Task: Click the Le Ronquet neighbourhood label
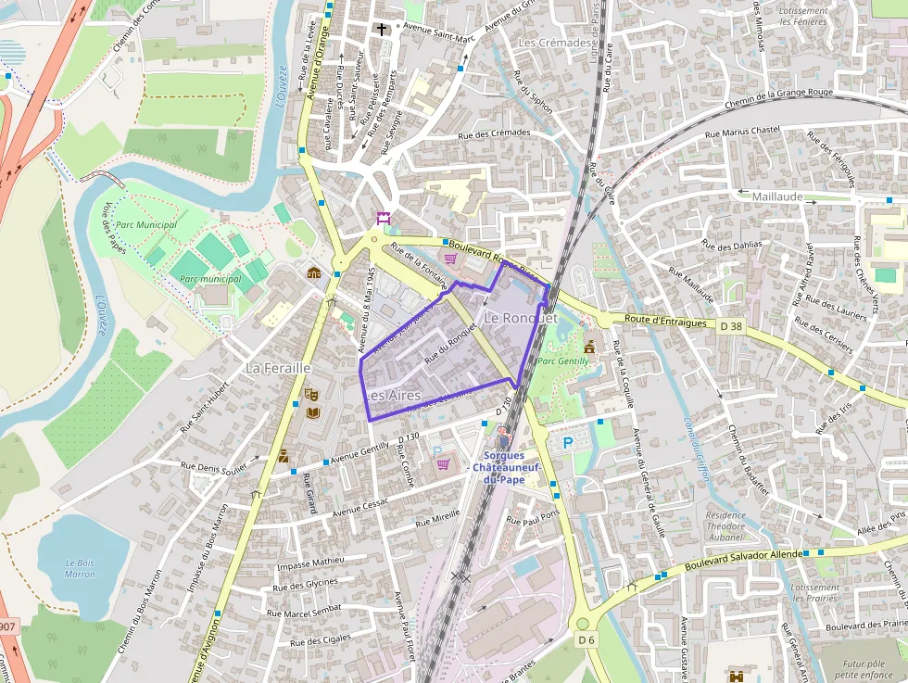tap(521, 318)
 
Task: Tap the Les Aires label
tap(393, 395)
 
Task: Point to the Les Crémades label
tap(556, 43)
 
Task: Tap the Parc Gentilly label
tap(563, 360)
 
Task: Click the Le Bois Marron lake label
tap(80, 568)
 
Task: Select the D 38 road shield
tap(731, 325)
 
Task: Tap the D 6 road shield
tap(585, 639)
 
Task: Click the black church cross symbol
tap(381, 30)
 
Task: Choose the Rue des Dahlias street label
tap(732, 246)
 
